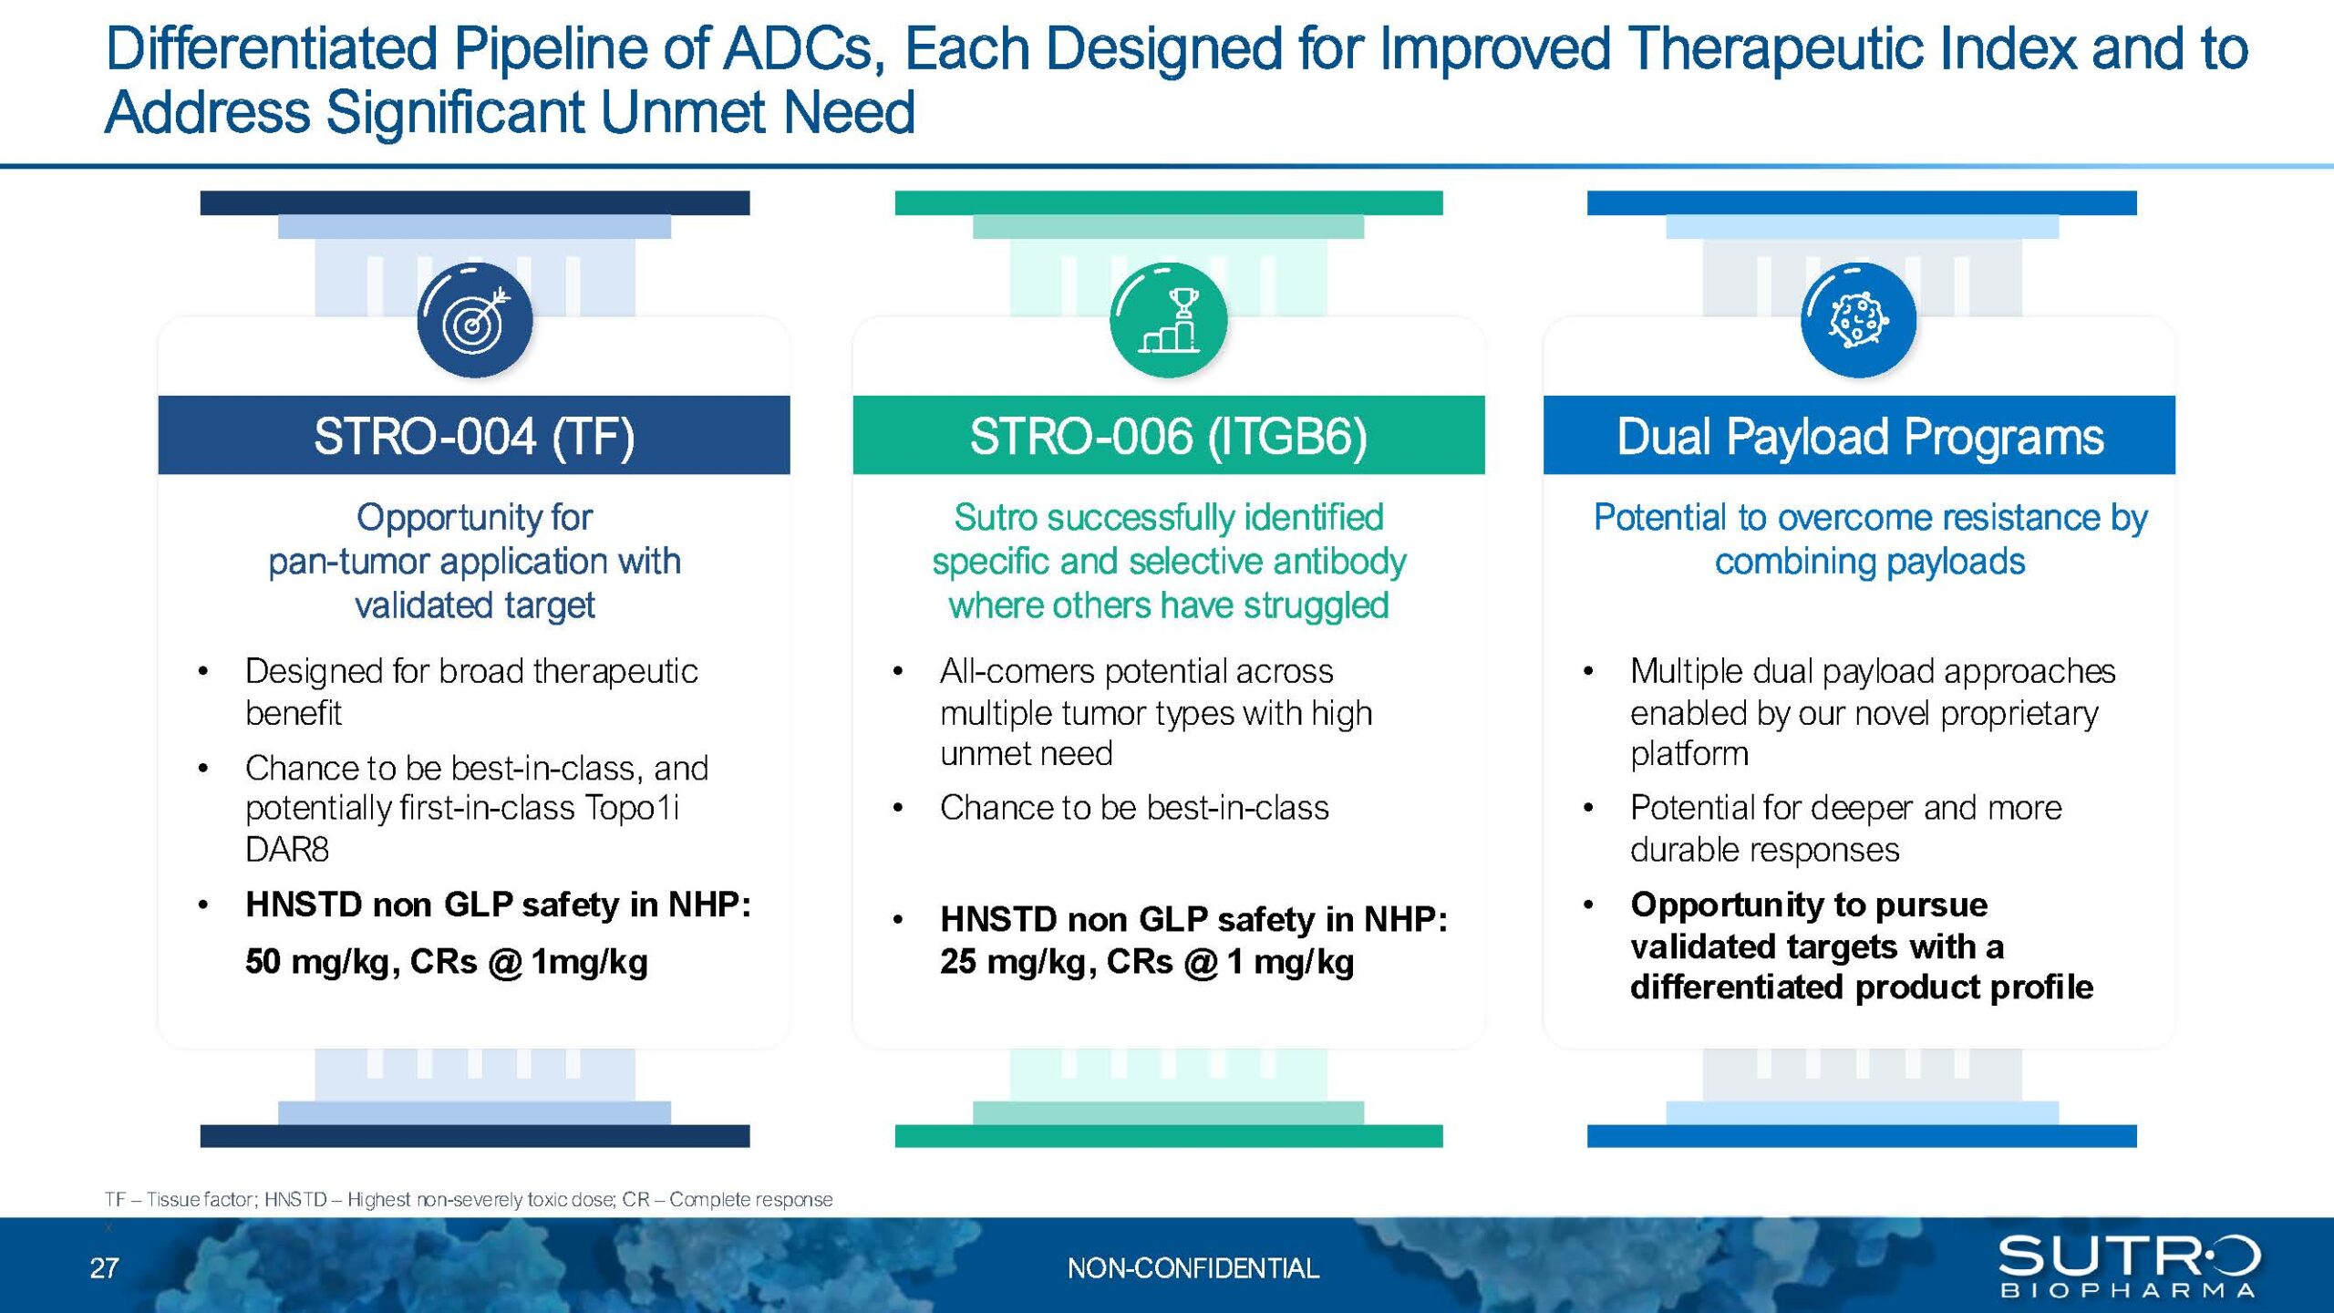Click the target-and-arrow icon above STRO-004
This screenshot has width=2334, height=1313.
[x=475, y=320]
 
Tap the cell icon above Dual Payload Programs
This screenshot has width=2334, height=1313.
[x=1859, y=320]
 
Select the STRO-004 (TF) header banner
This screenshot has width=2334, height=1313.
[x=474, y=435]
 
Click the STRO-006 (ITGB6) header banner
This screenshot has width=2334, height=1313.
[x=1169, y=435]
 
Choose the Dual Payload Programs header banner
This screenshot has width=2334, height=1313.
[x=1859, y=435]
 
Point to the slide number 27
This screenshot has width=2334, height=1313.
[x=104, y=1268]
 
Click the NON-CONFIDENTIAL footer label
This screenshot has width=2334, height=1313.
[x=1193, y=1268]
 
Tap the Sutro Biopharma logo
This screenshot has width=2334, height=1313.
[x=2129, y=1266]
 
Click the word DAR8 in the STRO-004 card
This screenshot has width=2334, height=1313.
[x=287, y=850]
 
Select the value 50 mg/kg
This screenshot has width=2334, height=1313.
[x=318, y=962]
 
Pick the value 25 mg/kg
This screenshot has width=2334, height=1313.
[x=1013, y=962]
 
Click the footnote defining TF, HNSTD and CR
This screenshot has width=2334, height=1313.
[x=469, y=1199]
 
